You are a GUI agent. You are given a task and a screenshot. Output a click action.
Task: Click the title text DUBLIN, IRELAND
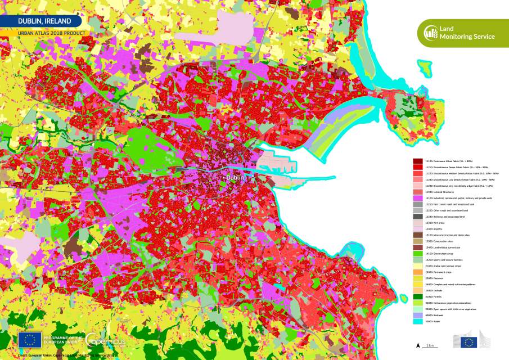(44, 21)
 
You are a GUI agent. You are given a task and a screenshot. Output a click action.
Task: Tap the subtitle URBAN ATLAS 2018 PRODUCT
(52, 33)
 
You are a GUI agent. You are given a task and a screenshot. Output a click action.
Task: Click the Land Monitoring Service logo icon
(430, 33)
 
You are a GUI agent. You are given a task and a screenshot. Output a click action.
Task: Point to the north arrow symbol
(417, 344)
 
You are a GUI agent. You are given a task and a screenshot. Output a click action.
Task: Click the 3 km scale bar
(430, 346)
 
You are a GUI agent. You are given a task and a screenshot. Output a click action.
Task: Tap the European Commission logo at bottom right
(468, 341)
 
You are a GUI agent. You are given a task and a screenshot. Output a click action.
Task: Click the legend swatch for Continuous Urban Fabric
(417, 161)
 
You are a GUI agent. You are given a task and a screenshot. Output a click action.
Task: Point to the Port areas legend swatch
(417, 222)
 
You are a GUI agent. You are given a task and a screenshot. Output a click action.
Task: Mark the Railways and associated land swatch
(417, 215)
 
